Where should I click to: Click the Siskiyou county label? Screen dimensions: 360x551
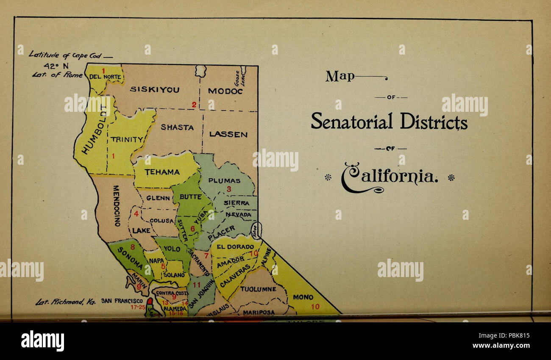point(154,90)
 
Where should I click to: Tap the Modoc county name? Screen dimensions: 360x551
point(225,91)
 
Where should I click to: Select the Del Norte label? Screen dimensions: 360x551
point(106,77)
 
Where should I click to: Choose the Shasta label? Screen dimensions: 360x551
point(177,127)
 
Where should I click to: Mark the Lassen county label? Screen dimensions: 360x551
point(228,135)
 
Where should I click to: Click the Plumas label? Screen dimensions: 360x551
point(224,180)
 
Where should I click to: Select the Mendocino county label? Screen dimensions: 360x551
point(117,205)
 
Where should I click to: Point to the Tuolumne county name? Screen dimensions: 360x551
point(258,289)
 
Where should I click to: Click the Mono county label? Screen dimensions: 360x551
point(303,297)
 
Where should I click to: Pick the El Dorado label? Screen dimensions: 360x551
point(235,246)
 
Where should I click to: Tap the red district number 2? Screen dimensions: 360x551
point(194,105)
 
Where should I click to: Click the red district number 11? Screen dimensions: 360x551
point(197,285)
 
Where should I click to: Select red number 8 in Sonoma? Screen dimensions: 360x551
point(132,247)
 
